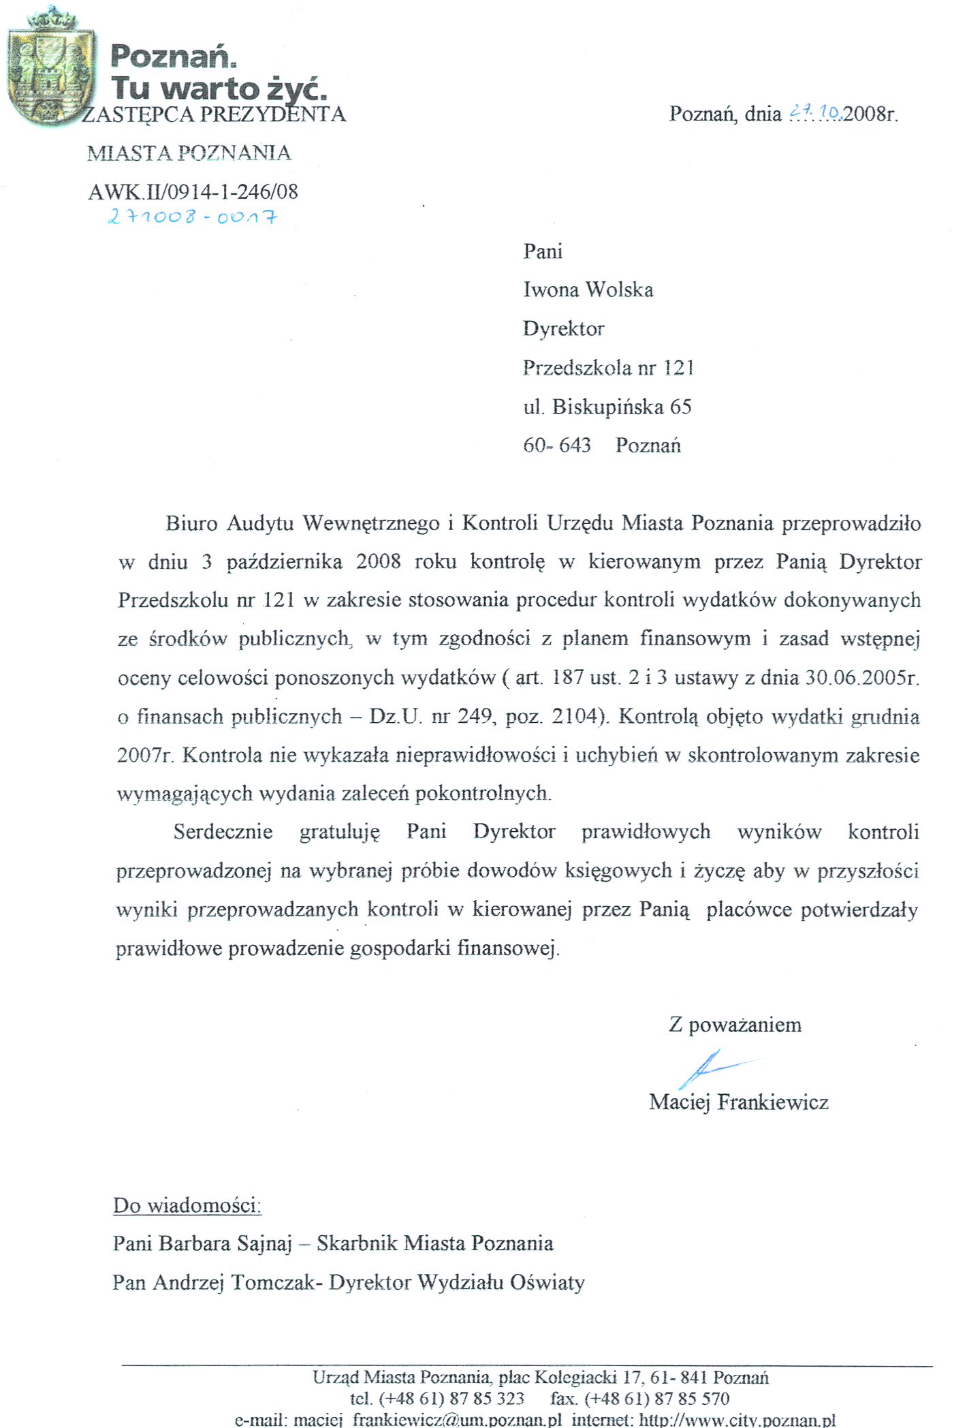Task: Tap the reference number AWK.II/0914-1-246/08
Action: pyautogui.click(x=193, y=192)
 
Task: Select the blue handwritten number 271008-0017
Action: pyautogui.click(x=193, y=217)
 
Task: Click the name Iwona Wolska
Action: pyautogui.click(x=588, y=290)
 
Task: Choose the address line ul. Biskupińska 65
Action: pyautogui.click(x=607, y=407)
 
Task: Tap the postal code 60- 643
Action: pyautogui.click(x=556, y=446)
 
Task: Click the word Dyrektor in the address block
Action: pyautogui.click(x=563, y=329)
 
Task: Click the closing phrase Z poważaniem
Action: pyautogui.click(x=735, y=1025)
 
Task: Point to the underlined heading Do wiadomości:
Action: pyautogui.click(x=187, y=1205)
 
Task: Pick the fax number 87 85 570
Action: pyautogui.click(x=691, y=1399)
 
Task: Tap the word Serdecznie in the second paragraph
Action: pyautogui.click(x=223, y=832)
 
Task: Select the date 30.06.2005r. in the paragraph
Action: pyautogui.click(x=862, y=678)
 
